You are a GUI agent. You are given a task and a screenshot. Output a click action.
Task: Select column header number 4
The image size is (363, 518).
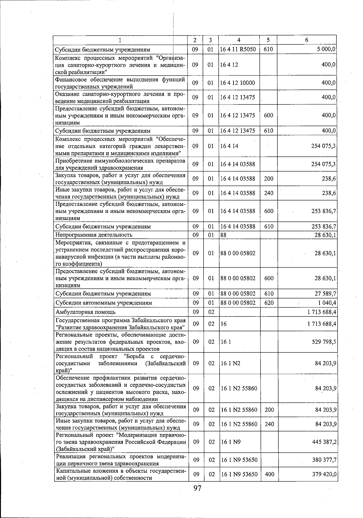click(x=239, y=40)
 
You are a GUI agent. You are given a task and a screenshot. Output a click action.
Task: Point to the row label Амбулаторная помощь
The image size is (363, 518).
click(x=86, y=312)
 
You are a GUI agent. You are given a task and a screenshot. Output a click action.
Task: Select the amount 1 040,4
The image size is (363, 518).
click(x=326, y=303)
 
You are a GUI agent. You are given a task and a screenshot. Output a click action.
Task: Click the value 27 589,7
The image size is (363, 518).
click(x=325, y=294)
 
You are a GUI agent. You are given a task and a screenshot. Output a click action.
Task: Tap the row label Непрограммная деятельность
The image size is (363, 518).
click(x=94, y=235)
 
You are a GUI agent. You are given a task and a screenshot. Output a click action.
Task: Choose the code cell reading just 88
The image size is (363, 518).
click(x=224, y=235)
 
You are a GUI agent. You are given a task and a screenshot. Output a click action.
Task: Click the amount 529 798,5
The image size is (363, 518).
click(x=324, y=342)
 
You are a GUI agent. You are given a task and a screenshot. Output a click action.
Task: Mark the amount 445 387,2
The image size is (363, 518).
click(x=324, y=442)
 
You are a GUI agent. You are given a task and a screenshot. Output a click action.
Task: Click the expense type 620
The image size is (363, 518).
click(x=269, y=303)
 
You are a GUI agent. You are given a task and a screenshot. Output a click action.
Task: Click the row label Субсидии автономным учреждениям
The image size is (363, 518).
click(x=104, y=303)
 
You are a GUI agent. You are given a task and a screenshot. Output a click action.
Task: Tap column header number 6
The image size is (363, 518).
click(x=307, y=40)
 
